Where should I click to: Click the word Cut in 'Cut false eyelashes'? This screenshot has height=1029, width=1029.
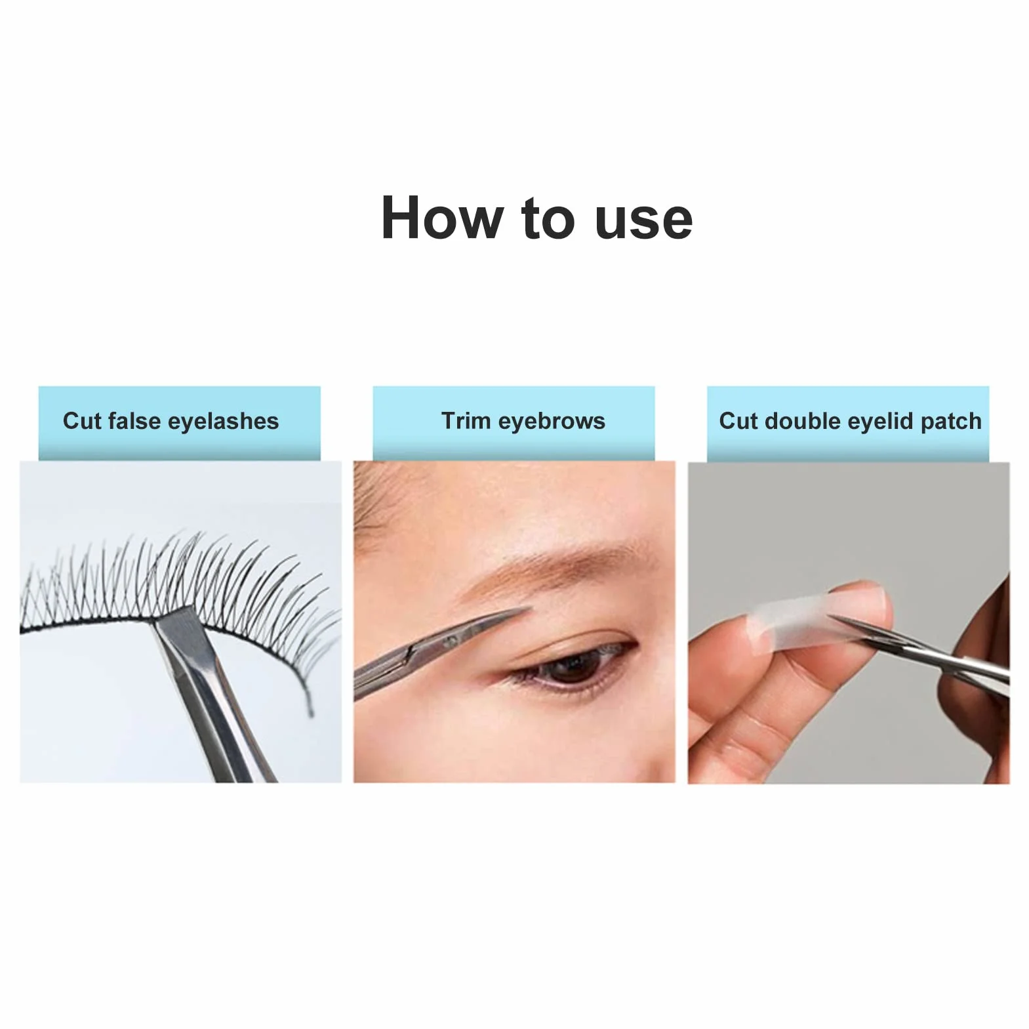coord(82,420)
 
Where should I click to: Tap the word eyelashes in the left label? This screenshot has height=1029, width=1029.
coord(223,421)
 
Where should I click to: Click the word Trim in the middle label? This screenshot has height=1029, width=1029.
coord(466,420)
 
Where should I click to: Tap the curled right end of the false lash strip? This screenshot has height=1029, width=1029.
coord(309,702)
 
